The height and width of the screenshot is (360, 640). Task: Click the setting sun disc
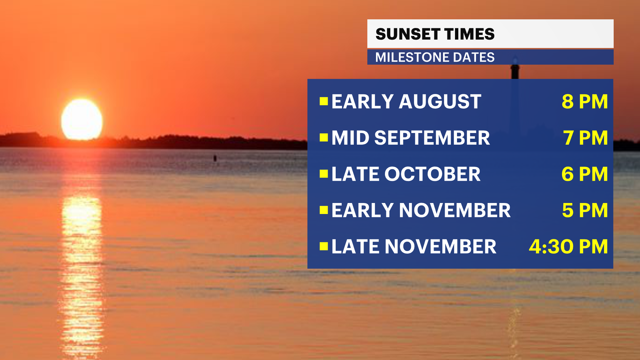click(x=82, y=119)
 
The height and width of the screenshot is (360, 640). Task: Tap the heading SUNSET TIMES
click(x=435, y=34)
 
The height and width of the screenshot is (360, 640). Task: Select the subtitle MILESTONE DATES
click(x=435, y=57)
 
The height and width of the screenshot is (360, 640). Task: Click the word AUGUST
click(x=440, y=101)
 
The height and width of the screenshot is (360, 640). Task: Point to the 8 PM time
click(x=585, y=101)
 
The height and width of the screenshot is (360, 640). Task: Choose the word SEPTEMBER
click(x=432, y=138)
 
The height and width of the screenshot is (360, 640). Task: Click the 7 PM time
click(x=585, y=138)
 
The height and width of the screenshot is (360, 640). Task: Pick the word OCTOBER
click(x=432, y=174)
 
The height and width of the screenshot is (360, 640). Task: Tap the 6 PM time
click(x=585, y=174)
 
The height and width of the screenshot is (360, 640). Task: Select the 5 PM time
click(x=585, y=210)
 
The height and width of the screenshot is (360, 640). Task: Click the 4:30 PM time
click(x=568, y=247)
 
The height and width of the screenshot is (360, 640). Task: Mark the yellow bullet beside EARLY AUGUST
click(x=324, y=101)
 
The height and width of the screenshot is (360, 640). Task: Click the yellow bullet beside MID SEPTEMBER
click(x=324, y=137)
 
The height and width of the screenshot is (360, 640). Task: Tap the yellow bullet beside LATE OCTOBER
click(x=324, y=174)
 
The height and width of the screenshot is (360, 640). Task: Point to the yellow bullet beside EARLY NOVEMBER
click(x=324, y=210)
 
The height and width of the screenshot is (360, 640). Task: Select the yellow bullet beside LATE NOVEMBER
click(x=324, y=246)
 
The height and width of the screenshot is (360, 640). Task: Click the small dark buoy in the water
click(x=215, y=158)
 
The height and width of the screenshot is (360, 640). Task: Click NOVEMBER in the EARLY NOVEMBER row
click(x=455, y=210)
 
